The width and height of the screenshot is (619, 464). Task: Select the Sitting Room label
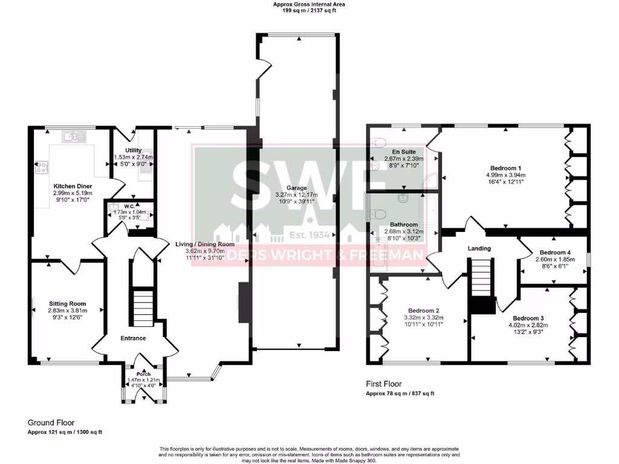[x=68, y=304]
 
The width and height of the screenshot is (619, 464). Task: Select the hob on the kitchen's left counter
[x=43, y=167]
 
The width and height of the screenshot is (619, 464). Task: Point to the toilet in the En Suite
[x=378, y=142]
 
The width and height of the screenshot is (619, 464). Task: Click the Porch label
[x=144, y=373]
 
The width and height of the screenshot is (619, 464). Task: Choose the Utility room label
[x=133, y=150]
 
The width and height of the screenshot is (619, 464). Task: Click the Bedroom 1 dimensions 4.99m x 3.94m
[x=507, y=175]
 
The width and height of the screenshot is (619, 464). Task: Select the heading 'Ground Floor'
[x=51, y=423]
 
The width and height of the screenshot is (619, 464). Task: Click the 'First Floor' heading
[x=384, y=384]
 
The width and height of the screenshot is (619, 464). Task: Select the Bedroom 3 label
[x=528, y=318]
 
